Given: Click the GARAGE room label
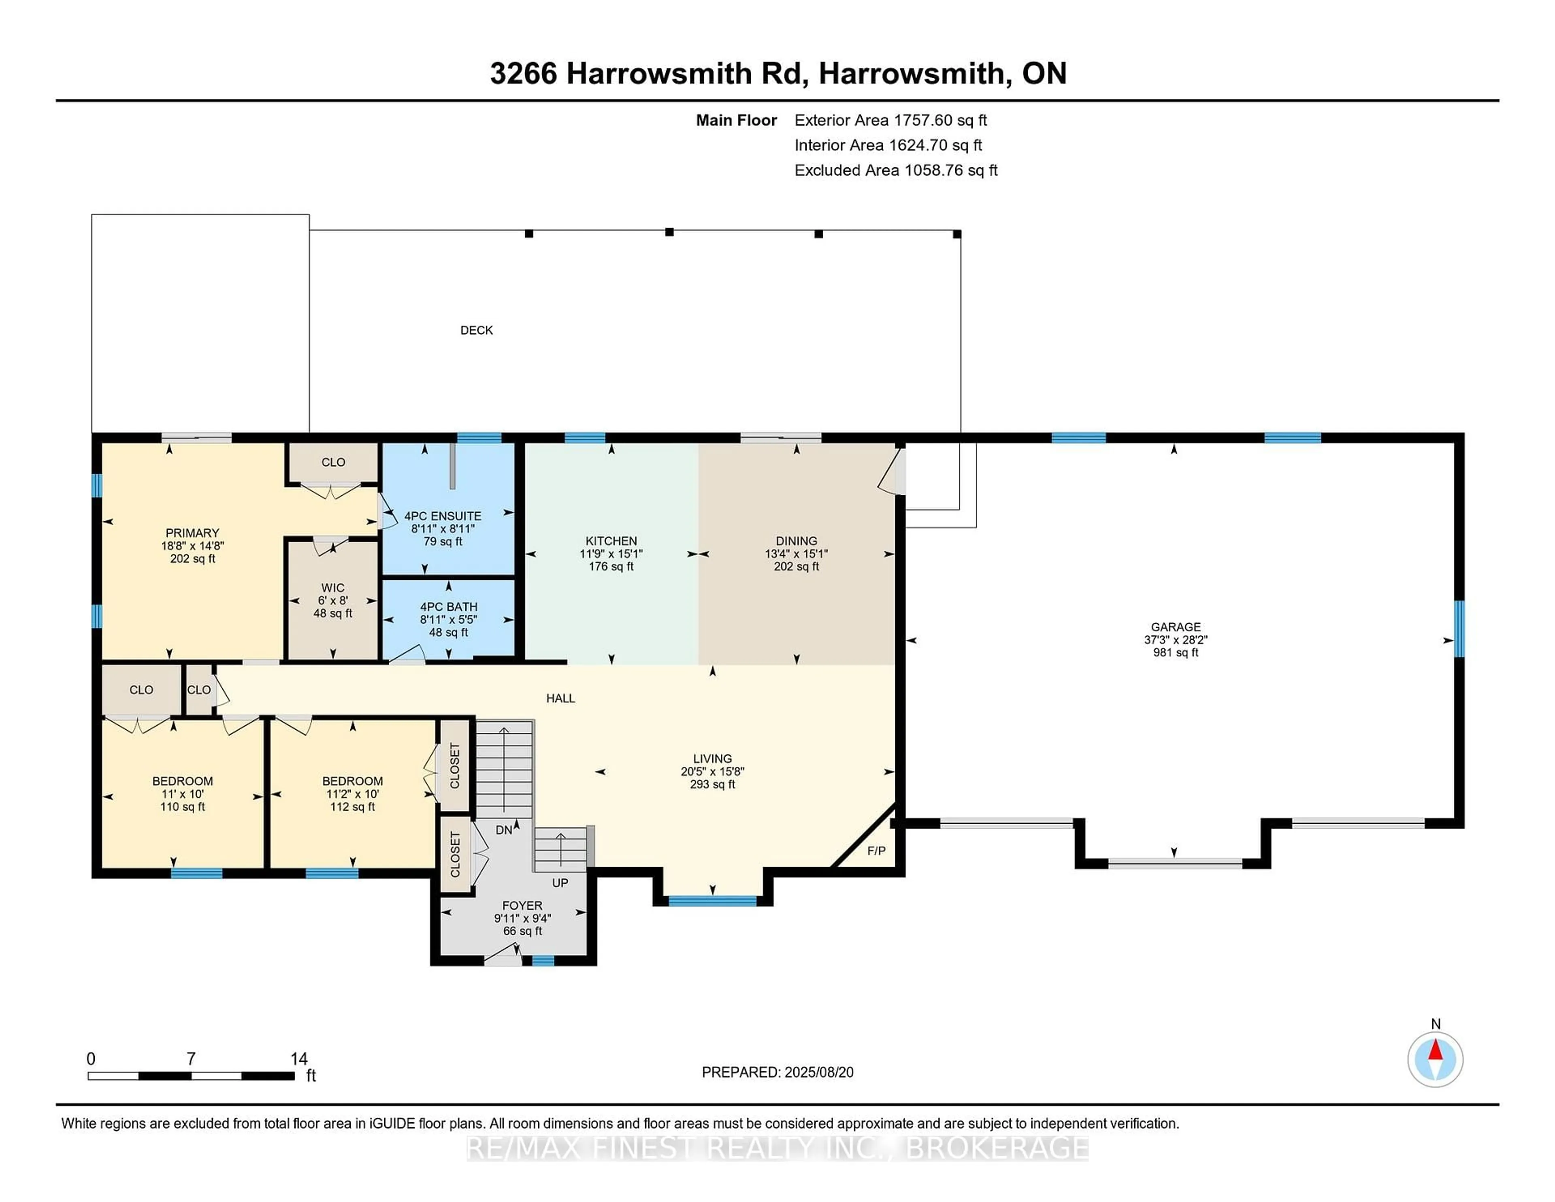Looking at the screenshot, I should [1176, 627].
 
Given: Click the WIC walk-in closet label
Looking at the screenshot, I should [332, 588].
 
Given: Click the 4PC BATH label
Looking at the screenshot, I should [449, 607].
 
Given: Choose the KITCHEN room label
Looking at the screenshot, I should [611, 541].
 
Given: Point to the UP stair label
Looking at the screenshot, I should [560, 883].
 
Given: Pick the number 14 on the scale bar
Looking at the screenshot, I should [299, 1059].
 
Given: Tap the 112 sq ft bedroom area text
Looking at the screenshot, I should [352, 807].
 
